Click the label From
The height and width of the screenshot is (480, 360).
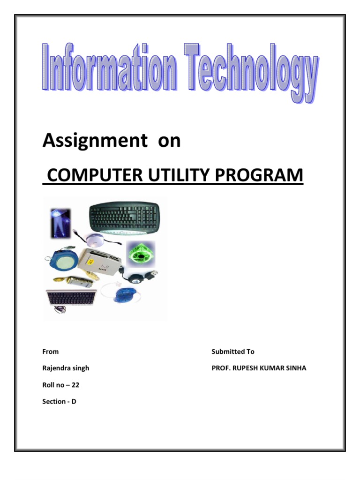coord(51,352)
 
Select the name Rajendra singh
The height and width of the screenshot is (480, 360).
coord(66,368)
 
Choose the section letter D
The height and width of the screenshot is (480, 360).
coord(74,402)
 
